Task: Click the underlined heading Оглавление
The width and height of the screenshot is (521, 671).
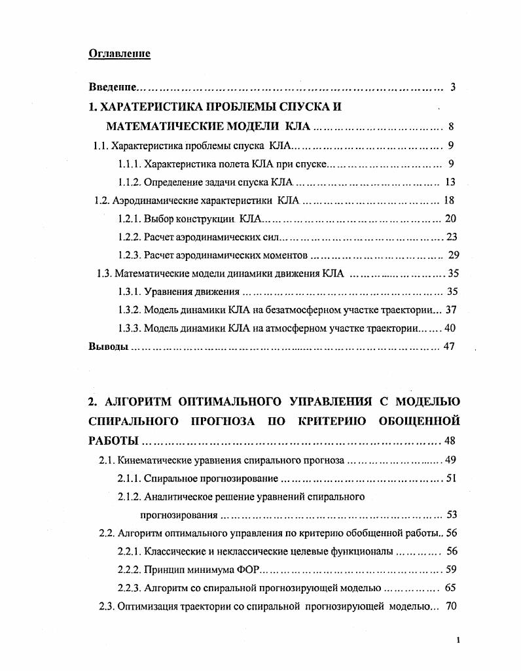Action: pyautogui.click(x=119, y=54)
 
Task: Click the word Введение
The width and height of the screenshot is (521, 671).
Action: pyautogui.click(x=113, y=87)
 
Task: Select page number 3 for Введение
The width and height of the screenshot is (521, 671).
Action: pyautogui.click(x=452, y=87)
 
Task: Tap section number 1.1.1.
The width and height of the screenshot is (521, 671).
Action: pyautogui.click(x=129, y=163)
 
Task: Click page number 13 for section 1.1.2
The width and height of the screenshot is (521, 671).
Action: pyautogui.click(x=450, y=182)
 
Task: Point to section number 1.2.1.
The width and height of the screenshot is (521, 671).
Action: pyautogui.click(x=129, y=218)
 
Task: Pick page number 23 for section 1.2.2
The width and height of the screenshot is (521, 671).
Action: pyautogui.click(x=451, y=237)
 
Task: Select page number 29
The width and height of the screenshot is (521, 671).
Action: pyautogui.click(x=451, y=255)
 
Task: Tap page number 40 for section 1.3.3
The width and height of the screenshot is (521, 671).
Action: pyautogui.click(x=450, y=328)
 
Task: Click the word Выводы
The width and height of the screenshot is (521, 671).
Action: pyautogui.click(x=108, y=347)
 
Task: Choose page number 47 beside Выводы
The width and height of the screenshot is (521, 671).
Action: pyautogui.click(x=449, y=347)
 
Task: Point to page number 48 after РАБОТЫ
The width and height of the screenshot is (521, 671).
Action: pyautogui.click(x=450, y=440)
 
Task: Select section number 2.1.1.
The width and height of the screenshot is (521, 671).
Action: pyautogui.click(x=129, y=479)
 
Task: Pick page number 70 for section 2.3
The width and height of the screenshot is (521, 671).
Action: pyautogui.click(x=450, y=606)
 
